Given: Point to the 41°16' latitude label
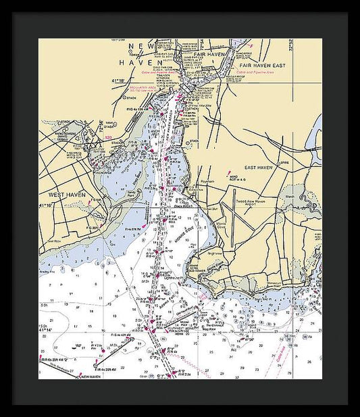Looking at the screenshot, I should pyautogui.click(x=46, y=204).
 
